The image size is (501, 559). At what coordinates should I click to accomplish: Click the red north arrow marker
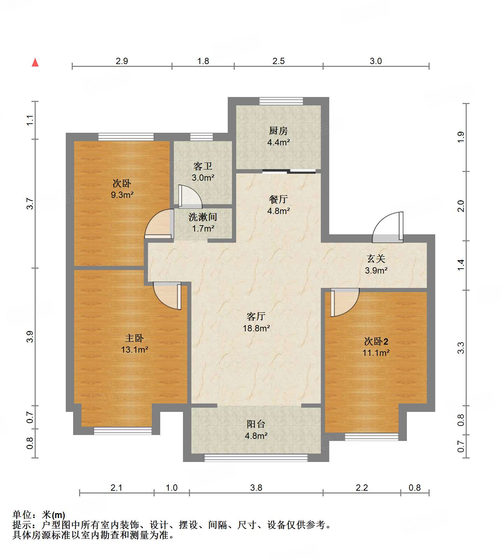(x=35, y=63)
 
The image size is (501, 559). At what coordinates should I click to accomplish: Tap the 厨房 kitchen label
(x=278, y=131)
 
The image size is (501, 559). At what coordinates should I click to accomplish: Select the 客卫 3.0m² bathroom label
(x=203, y=172)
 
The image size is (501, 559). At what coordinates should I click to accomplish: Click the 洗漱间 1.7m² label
(x=203, y=223)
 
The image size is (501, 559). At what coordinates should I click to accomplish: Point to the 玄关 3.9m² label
(x=376, y=264)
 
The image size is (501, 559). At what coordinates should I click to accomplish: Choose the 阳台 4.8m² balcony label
(x=256, y=430)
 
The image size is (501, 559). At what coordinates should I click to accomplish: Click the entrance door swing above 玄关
(x=388, y=228)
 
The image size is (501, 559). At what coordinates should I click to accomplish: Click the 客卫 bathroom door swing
(x=190, y=196)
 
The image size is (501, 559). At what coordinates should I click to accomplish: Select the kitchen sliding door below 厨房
(x=289, y=171)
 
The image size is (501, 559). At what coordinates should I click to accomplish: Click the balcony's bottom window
(x=256, y=457)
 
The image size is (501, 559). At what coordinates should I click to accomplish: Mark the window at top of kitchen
(x=281, y=101)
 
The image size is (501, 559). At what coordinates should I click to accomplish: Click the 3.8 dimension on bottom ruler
(x=256, y=488)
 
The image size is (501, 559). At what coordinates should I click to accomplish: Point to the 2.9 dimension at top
(x=122, y=61)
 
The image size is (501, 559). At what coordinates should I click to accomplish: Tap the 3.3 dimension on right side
(x=461, y=347)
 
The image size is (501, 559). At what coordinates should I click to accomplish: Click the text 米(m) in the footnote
(x=53, y=515)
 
